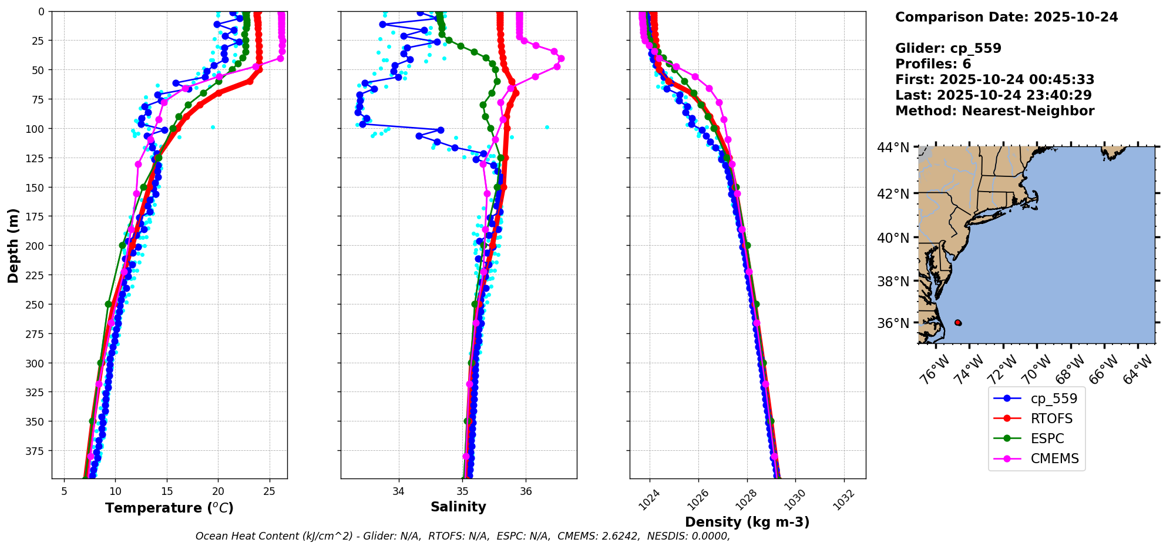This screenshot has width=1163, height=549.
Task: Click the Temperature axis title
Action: [x=169, y=508]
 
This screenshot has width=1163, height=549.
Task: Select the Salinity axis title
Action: [x=458, y=507]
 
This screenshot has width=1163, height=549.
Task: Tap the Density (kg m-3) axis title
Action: [x=747, y=522]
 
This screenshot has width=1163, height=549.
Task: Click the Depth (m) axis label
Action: [x=14, y=245]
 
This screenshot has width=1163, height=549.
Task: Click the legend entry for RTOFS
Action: [x=1051, y=419]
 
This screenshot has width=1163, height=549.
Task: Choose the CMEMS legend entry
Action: [x=1054, y=458]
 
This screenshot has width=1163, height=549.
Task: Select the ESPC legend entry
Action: [x=1047, y=438]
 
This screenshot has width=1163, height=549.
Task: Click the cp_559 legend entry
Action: [x=1054, y=399]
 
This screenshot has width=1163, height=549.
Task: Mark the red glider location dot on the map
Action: [x=958, y=323]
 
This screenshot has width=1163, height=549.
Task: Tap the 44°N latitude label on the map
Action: [x=893, y=148]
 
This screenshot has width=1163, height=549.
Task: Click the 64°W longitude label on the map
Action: [x=1138, y=371]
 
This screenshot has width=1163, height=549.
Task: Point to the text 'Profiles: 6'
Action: [x=933, y=64]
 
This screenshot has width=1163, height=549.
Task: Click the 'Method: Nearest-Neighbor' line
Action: [x=994, y=111]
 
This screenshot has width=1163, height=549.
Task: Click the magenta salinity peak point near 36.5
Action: [x=561, y=58]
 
